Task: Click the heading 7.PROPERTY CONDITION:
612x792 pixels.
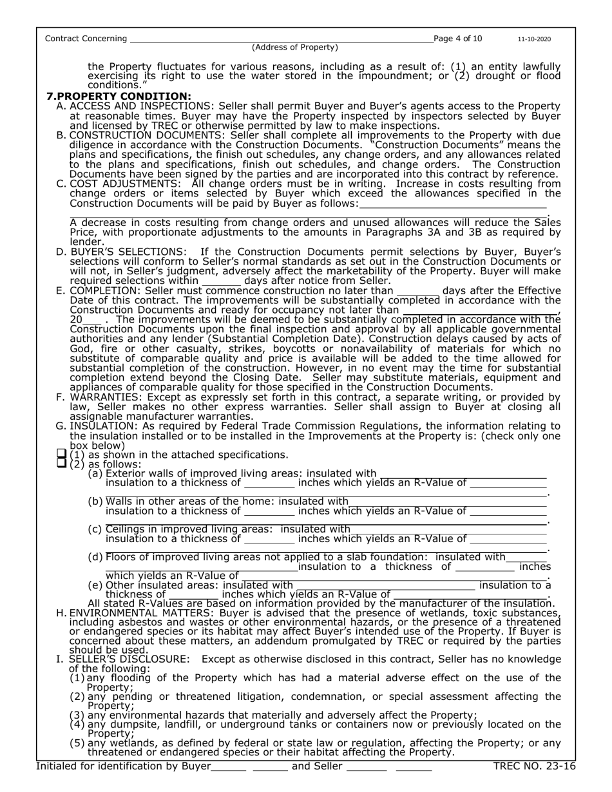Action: click(x=119, y=96)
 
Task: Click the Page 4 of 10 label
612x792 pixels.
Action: click(x=457, y=39)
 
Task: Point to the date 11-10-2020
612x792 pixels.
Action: click(x=534, y=39)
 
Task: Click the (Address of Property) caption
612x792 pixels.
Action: click(x=294, y=48)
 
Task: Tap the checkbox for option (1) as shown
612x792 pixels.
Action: click(x=62, y=455)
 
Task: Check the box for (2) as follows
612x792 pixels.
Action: click(x=62, y=464)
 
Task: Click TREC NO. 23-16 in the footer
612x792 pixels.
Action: click(x=533, y=766)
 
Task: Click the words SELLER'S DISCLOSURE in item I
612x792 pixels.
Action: click(x=129, y=659)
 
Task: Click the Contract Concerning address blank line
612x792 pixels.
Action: click(x=281, y=40)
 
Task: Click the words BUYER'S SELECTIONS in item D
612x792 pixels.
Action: click(x=128, y=251)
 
